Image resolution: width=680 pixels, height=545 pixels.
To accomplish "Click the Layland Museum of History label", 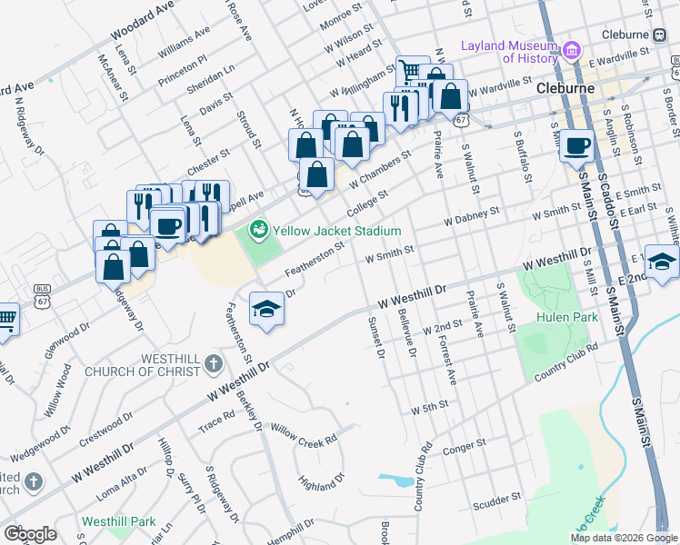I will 508,52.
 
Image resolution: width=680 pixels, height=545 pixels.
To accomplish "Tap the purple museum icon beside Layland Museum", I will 572,50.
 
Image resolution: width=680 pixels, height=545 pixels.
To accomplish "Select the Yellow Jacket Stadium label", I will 338,231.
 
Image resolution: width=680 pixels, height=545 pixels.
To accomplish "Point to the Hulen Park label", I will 565,317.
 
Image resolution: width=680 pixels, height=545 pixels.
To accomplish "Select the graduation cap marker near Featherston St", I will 267,309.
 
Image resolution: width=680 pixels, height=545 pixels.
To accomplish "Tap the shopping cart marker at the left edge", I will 5,319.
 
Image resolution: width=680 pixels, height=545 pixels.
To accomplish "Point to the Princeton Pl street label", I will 183,68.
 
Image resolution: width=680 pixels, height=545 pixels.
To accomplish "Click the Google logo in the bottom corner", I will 30,533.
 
